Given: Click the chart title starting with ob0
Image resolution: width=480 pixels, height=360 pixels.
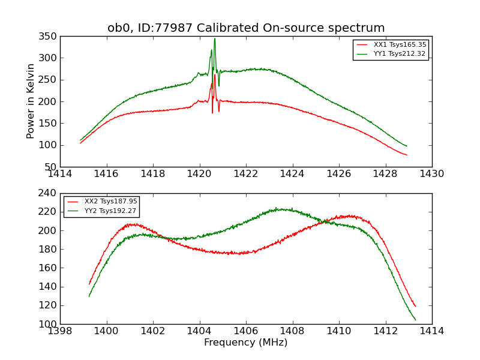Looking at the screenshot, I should (246, 28).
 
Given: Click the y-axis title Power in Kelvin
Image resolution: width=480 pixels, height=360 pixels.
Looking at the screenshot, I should (31, 101).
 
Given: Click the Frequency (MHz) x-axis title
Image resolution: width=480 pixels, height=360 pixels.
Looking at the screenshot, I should (246, 343).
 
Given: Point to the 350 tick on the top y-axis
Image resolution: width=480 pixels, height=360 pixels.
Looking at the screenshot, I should (50, 37).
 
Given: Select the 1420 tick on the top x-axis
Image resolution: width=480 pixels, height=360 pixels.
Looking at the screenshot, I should (199, 173).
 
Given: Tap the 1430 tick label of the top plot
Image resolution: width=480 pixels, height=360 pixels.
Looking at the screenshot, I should (431, 173).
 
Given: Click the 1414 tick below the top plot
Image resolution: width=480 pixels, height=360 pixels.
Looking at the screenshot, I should (60, 173).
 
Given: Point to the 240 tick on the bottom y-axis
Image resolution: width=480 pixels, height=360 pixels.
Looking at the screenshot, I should (50, 194).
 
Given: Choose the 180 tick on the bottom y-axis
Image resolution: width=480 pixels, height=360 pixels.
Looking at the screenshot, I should (50, 250).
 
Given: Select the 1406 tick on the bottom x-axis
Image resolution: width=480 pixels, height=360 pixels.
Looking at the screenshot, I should (246, 331).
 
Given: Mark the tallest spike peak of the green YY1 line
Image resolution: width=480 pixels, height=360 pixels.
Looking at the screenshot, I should (215, 39).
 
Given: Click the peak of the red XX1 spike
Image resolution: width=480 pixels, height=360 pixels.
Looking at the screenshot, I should (215, 74).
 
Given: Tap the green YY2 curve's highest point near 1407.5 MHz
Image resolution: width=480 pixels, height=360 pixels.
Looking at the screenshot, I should (277, 209).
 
